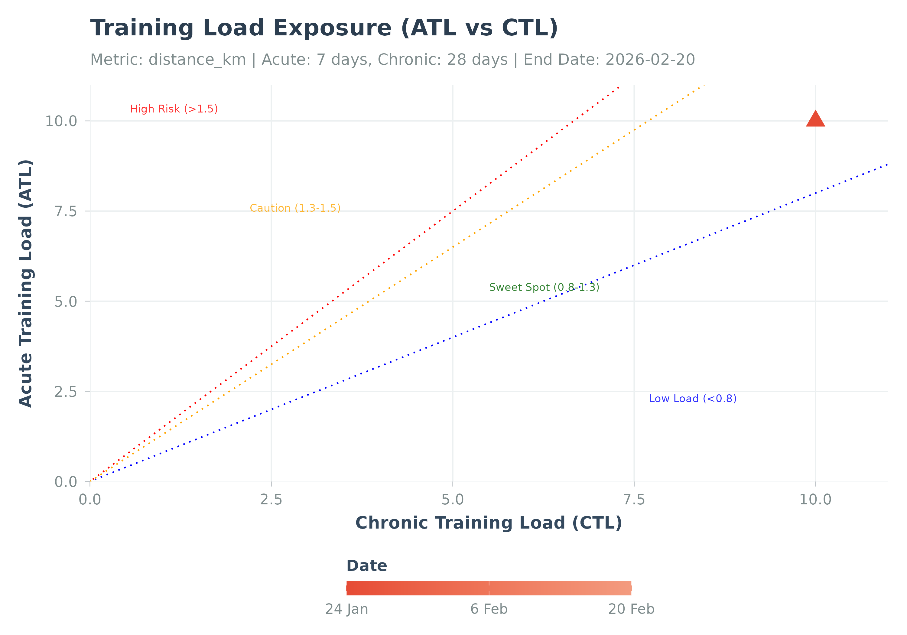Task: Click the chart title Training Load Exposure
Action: coord(324,28)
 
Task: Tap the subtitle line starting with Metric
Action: coord(392,60)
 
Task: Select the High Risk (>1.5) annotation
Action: coord(174,109)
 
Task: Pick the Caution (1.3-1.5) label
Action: coord(295,208)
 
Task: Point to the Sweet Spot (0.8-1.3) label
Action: coord(544,287)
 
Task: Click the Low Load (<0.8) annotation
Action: coord(693,399)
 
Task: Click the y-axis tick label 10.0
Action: coord(61,121)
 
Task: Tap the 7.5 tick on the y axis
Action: coord(66,211)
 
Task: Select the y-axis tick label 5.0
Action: coord(66,301)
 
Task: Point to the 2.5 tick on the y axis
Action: coord(66,392)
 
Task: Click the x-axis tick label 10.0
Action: coord(815,500)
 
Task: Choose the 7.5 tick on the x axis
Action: coord(634,500)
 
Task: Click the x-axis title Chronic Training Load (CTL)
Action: coord(489,523)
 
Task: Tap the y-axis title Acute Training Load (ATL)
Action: coord(26,283)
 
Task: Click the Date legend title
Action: coord(367,566)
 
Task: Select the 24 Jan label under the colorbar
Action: coord(346,609)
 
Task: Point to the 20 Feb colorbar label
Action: coord(631,609)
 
